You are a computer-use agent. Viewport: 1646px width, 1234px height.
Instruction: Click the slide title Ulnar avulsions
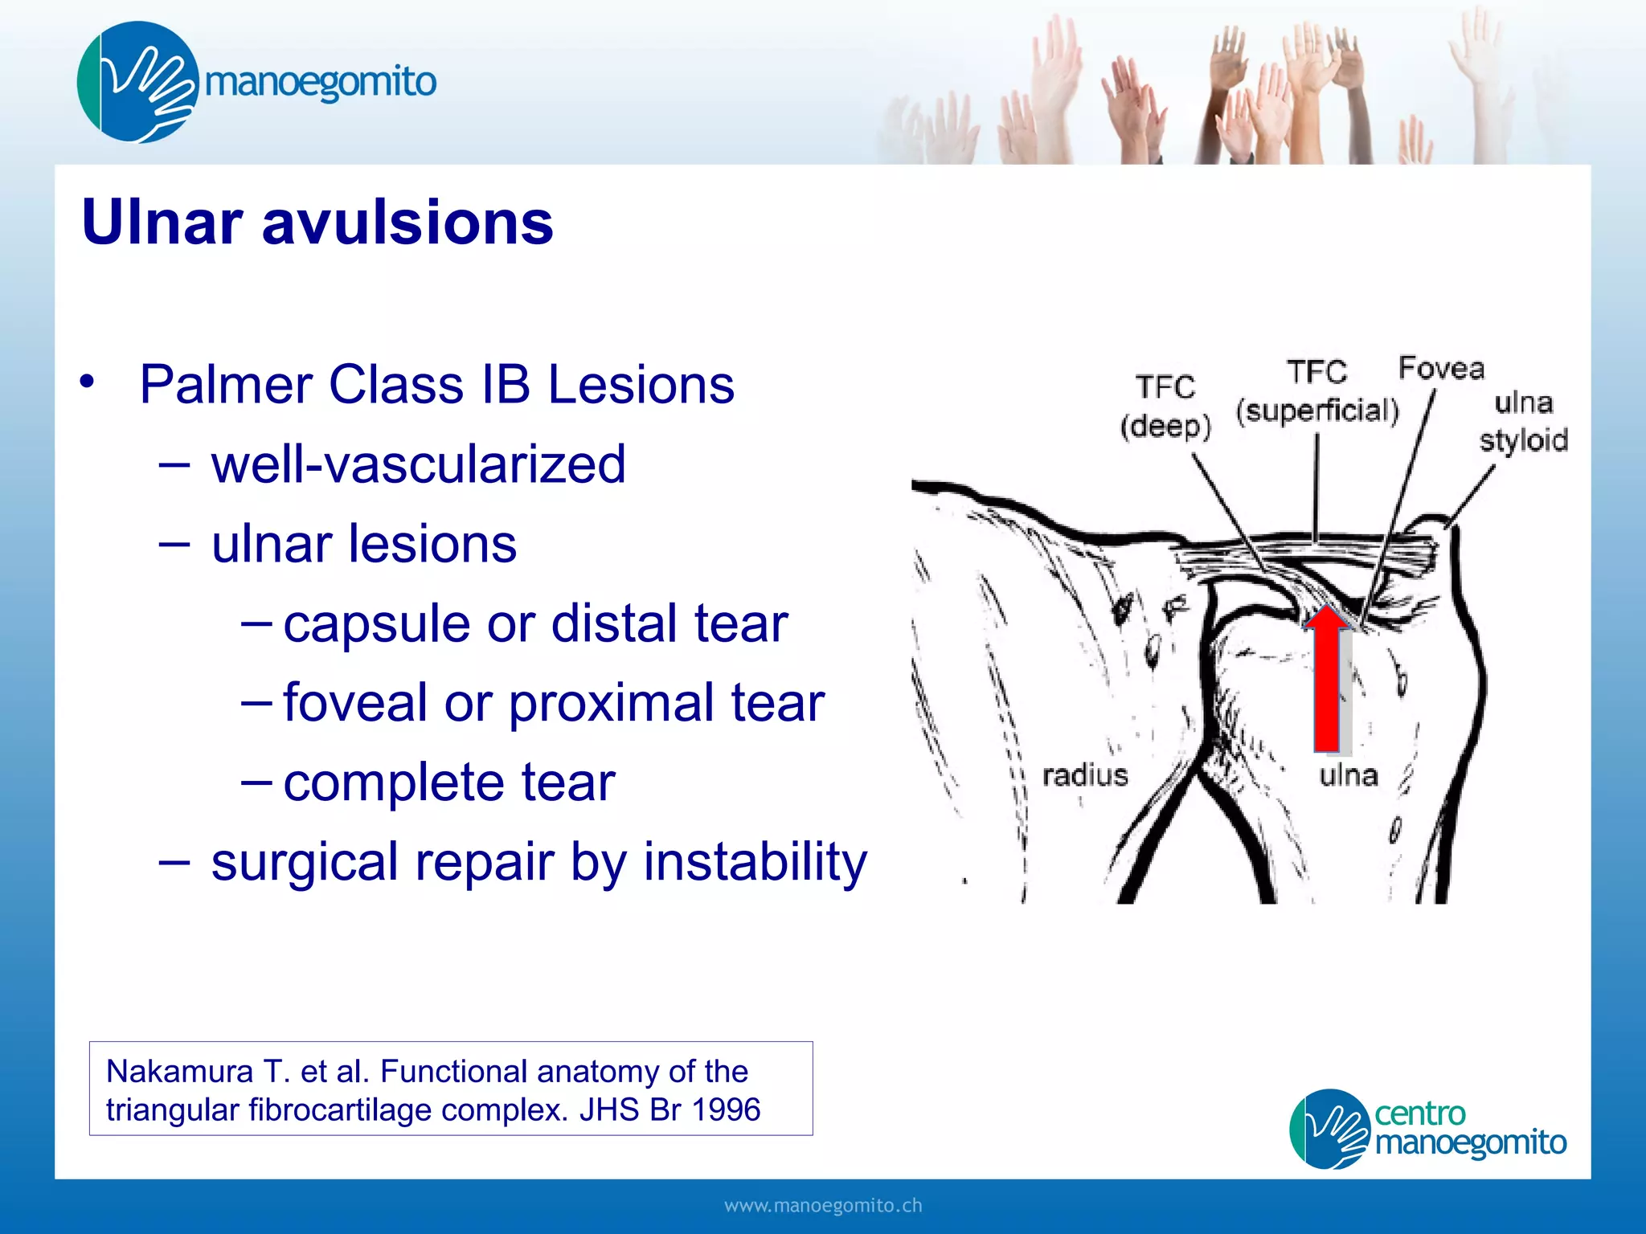coord(317,223)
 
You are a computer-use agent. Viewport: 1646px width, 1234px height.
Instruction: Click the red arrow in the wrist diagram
coord(1326,683)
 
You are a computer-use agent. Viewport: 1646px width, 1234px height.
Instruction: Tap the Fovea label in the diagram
coord(1441,368)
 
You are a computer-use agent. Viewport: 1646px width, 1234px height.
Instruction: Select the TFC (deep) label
coord(1165,407)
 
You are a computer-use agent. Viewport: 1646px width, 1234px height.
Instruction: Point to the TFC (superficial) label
coord(1317,392)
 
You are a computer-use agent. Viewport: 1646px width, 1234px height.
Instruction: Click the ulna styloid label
coord(1524,422)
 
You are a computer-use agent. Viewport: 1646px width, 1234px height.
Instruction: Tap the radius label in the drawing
coord(1085,775)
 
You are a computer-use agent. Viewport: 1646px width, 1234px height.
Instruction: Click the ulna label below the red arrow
coord(1349,775)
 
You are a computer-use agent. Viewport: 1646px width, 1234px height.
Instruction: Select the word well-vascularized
coord(418,464)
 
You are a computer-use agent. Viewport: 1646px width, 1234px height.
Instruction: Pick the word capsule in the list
coord(375,624)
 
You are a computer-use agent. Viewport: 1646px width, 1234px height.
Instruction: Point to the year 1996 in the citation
coord(726,1110)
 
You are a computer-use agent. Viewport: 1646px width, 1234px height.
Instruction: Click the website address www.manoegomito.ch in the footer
coord(823,1206)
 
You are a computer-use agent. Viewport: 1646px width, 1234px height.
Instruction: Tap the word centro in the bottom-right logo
coord(1419,1113)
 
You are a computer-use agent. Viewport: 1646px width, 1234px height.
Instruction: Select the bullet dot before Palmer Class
coord(88,382)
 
